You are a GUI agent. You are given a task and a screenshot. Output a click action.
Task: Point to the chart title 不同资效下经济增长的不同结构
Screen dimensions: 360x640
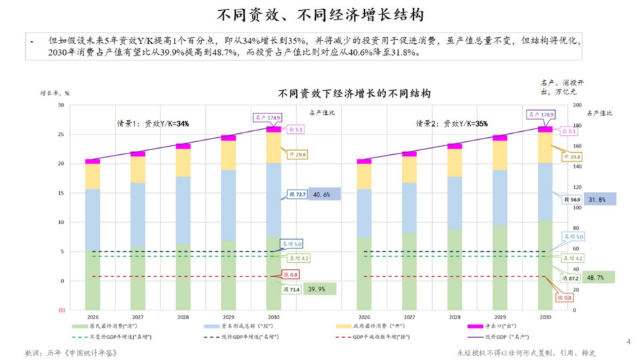click(354, 93)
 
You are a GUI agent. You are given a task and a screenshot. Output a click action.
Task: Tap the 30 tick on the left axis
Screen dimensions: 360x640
click(60, 105)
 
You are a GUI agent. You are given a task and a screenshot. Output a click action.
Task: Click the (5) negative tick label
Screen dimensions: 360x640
click(61, 310)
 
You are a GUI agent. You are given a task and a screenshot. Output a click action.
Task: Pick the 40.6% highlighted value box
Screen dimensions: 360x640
click(324, 194)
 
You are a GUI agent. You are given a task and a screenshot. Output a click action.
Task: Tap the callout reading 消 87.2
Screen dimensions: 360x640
click(570, 278)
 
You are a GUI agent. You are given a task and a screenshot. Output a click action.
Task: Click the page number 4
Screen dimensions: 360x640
click(628, 342)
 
